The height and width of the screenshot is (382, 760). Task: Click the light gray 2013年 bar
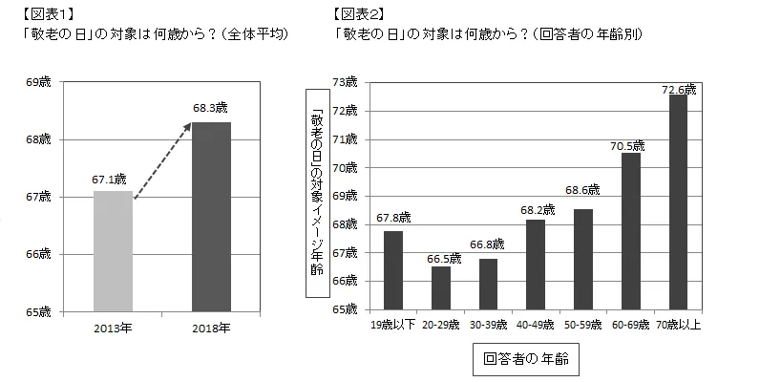point(113,250)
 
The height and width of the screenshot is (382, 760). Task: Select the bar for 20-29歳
point(441,287)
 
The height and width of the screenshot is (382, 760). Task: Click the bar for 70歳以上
point(679,202)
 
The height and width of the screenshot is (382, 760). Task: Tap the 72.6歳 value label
point(680,89)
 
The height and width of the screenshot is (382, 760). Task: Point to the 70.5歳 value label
point(629,146)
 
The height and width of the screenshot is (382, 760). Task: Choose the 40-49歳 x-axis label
point(536,324)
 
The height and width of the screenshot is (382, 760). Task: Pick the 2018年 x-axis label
point(211,328)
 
